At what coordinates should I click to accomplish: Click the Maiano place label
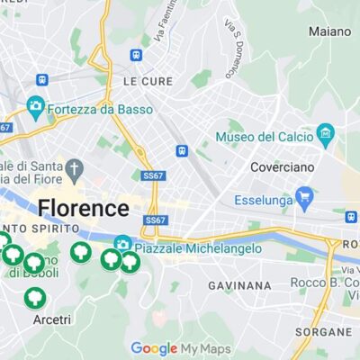tap(329, 31)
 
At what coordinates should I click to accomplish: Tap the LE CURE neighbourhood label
tap(141, 80)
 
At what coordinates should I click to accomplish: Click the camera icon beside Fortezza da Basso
tap(36, 106)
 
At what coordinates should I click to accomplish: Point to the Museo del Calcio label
tap(265, 137)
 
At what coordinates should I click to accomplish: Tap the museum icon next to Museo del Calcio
tap(326, 136)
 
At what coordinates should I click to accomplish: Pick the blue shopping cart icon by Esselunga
tap(305, 194)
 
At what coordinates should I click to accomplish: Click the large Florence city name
tap(84, 209)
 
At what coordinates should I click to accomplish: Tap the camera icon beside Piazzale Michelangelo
tap(123, 244)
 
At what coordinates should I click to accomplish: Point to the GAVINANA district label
tap(239, 285)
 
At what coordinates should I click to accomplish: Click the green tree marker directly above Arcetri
tap(35, 296)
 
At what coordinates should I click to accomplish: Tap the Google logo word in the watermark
tap(154, 348)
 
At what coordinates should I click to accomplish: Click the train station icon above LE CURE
tap(136, 55)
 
